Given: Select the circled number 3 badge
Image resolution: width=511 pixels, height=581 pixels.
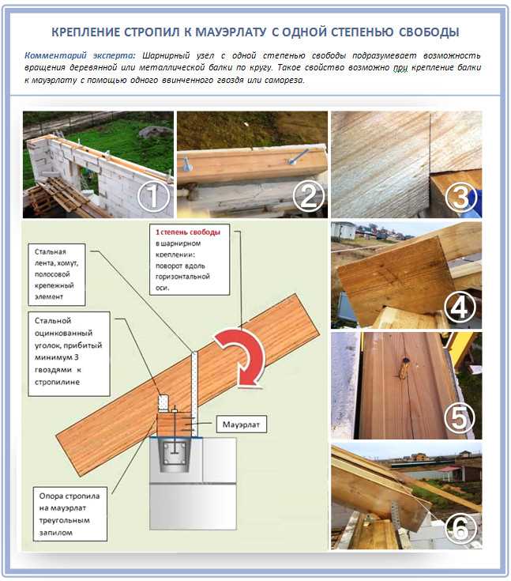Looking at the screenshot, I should click(x=460, y=198).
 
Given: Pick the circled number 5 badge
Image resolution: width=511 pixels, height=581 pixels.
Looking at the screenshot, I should click(x=460, y=418).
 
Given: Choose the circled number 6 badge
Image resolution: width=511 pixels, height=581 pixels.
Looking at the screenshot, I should click(x=460, y=527).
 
